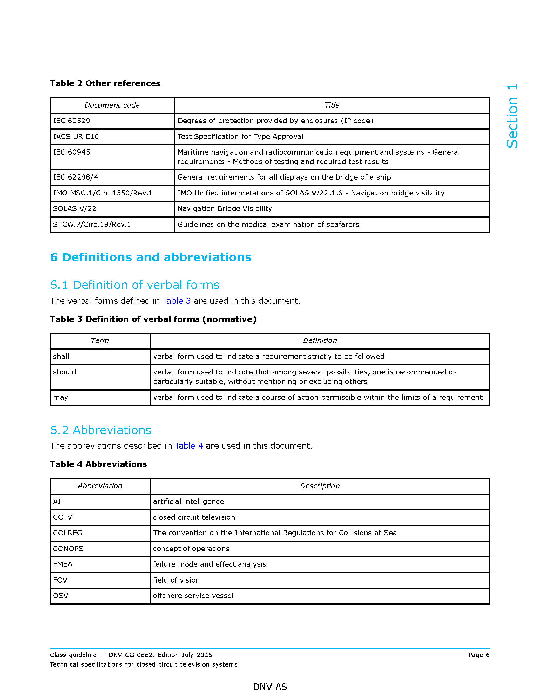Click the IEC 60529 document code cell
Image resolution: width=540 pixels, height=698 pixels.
(71, 121)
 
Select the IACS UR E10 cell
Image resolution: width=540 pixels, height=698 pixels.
(76, 136)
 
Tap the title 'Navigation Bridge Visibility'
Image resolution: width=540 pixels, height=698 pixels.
(225, 209)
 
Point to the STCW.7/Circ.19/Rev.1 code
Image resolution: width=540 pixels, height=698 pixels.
(92, 224)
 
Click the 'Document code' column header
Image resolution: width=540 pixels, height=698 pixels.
(112, 105)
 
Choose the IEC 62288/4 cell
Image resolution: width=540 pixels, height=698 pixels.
(76, 177)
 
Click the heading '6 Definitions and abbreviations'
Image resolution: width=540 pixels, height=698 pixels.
(151, 257)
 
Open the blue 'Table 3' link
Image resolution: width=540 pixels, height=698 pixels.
(177, 301)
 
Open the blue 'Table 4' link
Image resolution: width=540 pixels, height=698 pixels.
(189, 446)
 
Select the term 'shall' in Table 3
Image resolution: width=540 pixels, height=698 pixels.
(61, 356)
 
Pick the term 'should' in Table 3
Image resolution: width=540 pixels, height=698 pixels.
(64, 372)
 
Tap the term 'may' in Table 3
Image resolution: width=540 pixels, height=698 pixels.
(60, 397)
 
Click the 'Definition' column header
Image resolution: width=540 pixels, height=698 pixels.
(320, 341)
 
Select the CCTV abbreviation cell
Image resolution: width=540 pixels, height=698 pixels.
(63, 517)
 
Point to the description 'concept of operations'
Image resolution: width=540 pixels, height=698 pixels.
(191, 549)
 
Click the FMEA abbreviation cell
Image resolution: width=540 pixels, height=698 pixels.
(63, 564)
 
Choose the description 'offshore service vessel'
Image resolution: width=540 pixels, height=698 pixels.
(193, 596)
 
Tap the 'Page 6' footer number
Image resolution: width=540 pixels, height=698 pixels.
(479, 655)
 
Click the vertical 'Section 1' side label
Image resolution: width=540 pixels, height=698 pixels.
(512, 116)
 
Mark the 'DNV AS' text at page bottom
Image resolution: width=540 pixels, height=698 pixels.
(270, 687)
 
